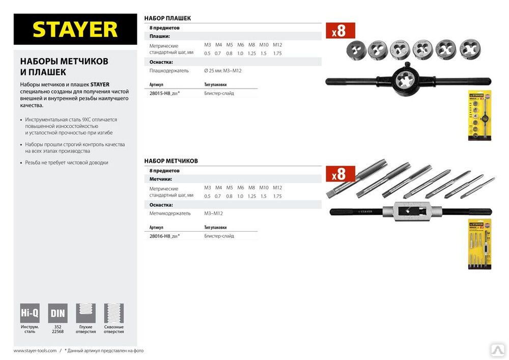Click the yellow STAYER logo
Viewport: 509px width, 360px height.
coord(75,30)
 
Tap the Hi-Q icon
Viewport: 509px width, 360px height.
coord(30,313)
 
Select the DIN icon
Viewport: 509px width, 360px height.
coord(58,313)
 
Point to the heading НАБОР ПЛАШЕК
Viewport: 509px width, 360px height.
coord(167,18)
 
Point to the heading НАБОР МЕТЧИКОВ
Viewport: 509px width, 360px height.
coord(171,161)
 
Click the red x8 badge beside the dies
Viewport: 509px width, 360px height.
coord(340,31)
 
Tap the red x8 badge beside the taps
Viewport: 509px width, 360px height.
coord(340,174)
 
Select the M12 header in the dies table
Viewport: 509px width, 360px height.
coord(277,45)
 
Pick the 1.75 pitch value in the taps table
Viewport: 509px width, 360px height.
coord(277,196)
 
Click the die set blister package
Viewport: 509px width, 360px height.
coord(479,116)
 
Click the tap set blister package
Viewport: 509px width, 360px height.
coord(479,244)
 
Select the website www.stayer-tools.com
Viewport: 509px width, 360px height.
coord(35,350)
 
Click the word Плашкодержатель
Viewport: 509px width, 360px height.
coord(169,71)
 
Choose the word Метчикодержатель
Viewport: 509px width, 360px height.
coord(170,213)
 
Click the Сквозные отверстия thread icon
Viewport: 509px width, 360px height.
coord(114,313)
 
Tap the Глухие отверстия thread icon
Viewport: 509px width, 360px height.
coord(86,313)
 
